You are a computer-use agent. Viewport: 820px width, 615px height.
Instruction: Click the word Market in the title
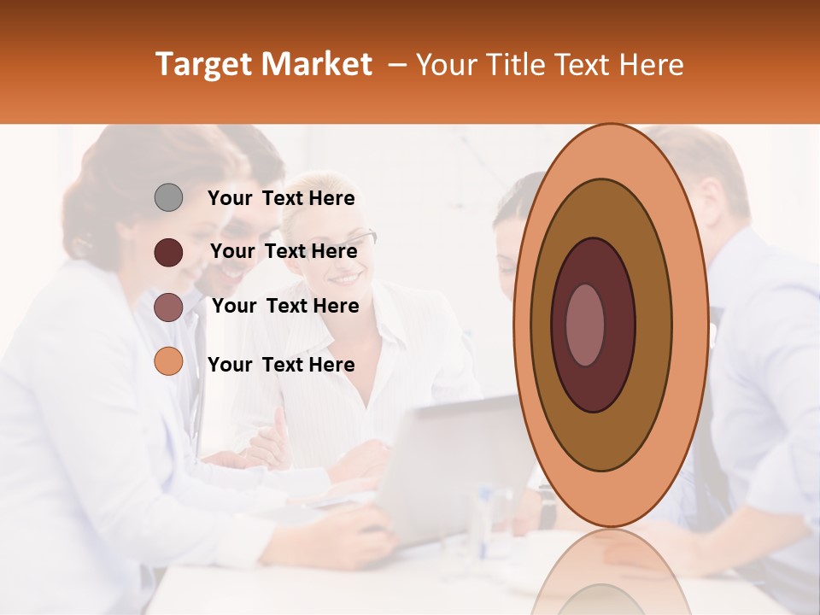pos(317,65)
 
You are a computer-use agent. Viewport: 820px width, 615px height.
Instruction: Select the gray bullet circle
pos(168,198)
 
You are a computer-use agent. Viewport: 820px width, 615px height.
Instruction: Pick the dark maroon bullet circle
pos(168,252)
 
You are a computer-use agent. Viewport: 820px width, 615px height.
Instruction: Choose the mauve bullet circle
pos(168,307)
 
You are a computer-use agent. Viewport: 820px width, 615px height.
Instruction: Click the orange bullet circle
pos(168,362)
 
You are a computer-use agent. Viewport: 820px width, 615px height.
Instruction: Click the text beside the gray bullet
pos(281,198)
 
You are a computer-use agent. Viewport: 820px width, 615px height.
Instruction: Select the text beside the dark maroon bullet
pos(284,251)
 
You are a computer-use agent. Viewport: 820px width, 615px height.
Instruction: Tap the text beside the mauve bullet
pos(285,306)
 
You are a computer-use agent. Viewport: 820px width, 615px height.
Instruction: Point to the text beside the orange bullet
pos(281,365)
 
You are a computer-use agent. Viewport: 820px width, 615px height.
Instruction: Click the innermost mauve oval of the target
pos(585,325)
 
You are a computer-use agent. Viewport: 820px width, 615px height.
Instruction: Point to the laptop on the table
pos(453,470)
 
